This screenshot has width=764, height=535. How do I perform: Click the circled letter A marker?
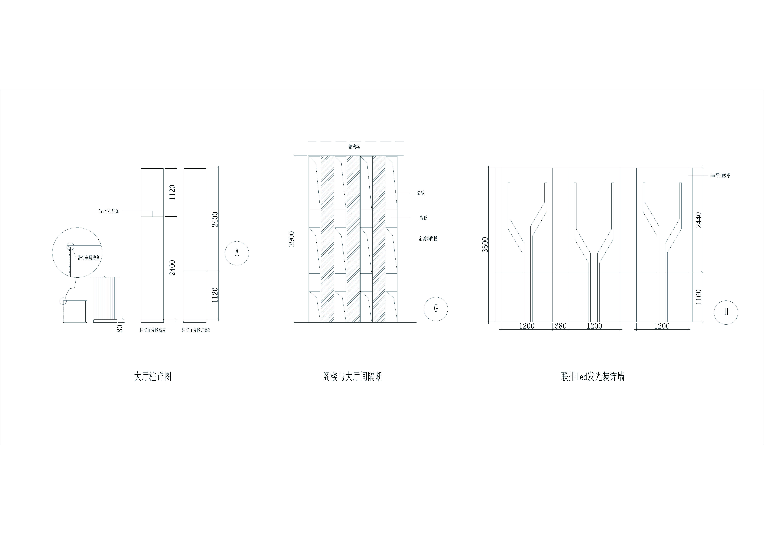[237, 253]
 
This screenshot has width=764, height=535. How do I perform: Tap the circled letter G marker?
[436, 309]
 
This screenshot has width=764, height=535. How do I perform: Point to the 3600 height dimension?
[485, 245]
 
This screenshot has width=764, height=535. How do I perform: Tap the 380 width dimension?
[561, 326]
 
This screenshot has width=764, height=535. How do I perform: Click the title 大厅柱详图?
[153, 377]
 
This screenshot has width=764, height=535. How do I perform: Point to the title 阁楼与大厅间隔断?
[352, 377]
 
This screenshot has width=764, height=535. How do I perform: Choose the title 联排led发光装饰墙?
[593, 377]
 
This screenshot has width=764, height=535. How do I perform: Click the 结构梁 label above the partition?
[354, 147]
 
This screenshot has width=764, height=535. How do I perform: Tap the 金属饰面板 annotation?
[428, 239]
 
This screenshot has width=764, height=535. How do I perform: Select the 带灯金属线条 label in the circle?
[89, 258]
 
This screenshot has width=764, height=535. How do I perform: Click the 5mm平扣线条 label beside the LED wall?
[720, 175]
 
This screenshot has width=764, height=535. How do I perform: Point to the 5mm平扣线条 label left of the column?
[109, 211]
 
